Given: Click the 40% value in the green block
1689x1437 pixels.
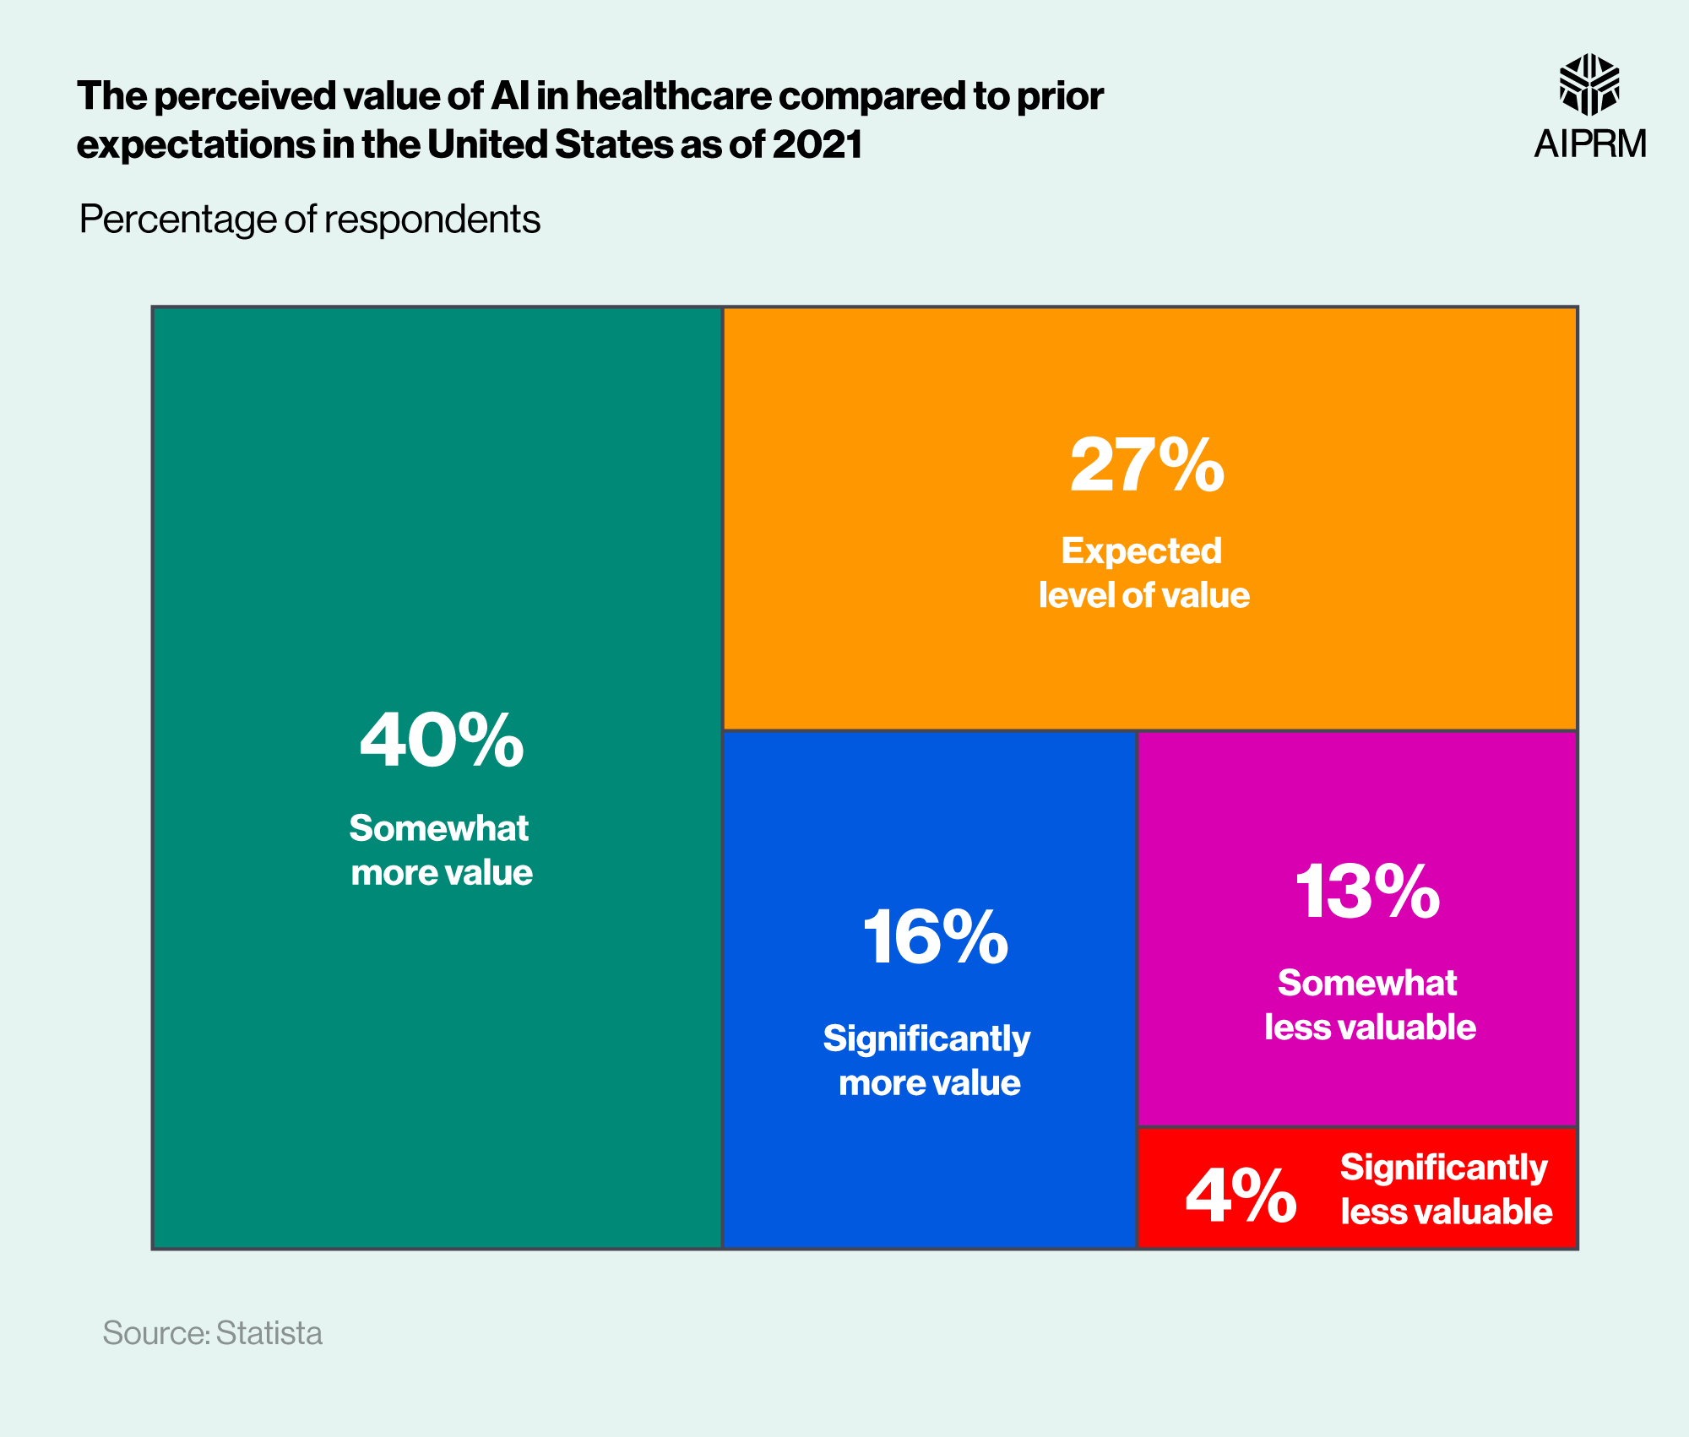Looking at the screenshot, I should pyautogui.click(x=442, y=740).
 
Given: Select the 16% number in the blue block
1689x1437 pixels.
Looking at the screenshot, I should pyautogui.click(x=935, y=937).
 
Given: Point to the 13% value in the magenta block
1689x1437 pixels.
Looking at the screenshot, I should pyautogui.click(x=1367, y=892).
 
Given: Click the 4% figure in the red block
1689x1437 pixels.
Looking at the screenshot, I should pyautogui.click(x=1241, y=1196).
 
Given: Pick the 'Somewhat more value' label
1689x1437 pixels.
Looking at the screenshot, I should pyautogui.click(x=441, y=850).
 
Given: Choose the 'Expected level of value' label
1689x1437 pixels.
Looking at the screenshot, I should pyautogui.click(x=1143, y=573).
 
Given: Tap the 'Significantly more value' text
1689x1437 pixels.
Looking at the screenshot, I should pyautogui.click(x=928, y=1060).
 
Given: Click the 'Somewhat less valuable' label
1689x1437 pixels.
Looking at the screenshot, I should pyautogui.click(x=1369, y=1005).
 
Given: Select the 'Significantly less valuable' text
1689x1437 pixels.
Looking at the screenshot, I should pyautogui.click(x=1446, y=1190).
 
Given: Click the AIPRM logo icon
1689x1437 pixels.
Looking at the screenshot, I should pyautogui.click(x=1589, y=84).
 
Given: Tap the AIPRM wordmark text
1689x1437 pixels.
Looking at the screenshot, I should pyautogui.click(x=1590, y=144).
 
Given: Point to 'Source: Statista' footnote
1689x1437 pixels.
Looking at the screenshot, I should pyautogui.click(x=212, y=1333).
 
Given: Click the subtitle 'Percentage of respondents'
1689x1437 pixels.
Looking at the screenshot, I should pyautogui.click(x=309, y=220).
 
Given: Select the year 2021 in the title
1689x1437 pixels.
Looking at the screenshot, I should pyautogui.click(x=817, y=144).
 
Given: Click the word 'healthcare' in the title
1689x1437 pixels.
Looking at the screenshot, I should pyautogui.click(x=673, y=96).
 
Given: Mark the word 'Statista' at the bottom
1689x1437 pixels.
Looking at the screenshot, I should pyautogui.click(x=269, y=1333).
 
